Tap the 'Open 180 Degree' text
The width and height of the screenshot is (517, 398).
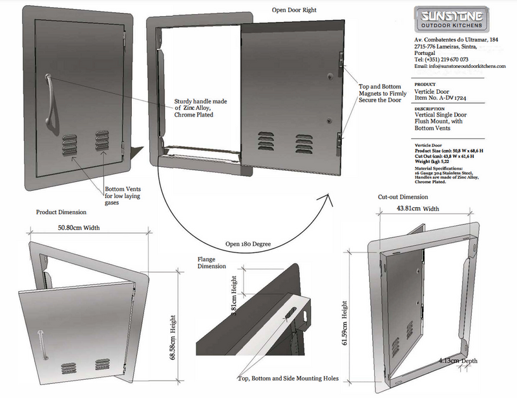248,245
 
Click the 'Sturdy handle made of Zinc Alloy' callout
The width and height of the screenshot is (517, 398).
202,108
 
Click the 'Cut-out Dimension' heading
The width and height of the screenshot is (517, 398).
403,196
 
